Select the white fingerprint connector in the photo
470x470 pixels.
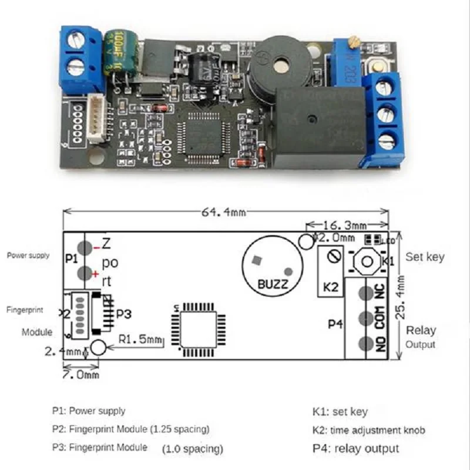[x=96, y=121]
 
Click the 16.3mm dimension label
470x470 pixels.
[x=346, y=225]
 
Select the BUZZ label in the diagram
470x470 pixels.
[x=273, y=285]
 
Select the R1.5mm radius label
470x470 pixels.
[x=141, y=339]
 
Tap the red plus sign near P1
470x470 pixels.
[x=95, y=274]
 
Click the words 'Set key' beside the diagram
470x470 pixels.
[x=425, y=257]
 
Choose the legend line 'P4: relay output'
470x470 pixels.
[x=355, y=448]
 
